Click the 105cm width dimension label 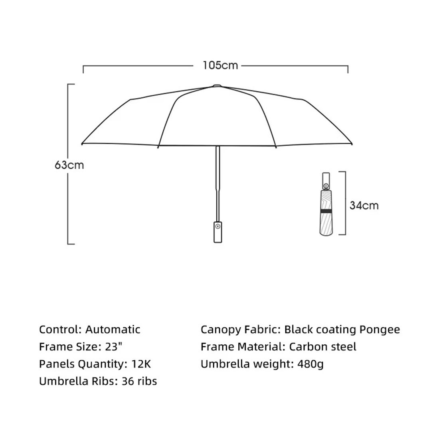pos(220,65)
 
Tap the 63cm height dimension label pos(69,165)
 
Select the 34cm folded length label pos(364,206)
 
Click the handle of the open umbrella pos(218,232)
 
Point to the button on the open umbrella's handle pos(218,227)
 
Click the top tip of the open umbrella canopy pos(217,85)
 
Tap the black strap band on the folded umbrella pos(326,211)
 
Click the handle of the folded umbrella pos(326,181)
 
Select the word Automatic pos(113,329)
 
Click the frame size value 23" pos(113,347)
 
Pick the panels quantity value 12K pos(141,364)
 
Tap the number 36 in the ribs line pos(128,381)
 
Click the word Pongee pos(380,330)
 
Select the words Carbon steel pos(323,347)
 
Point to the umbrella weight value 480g pos(310,364)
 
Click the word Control pos(59,329)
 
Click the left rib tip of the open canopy pos(82,144)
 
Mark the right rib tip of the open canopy pos(352,144)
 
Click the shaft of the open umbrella pos(218,184)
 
